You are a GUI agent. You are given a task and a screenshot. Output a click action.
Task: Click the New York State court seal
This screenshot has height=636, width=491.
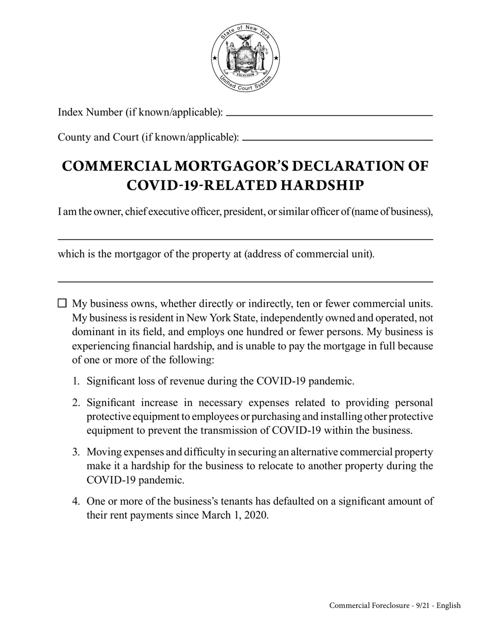pyautogui.click(x=245, y=58)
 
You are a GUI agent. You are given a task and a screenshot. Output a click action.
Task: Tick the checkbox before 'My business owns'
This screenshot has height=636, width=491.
pyautogui.click(x=62, y=303)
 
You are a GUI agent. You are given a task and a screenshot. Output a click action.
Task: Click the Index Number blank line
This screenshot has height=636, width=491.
pyautogui.click(x=329, y=114)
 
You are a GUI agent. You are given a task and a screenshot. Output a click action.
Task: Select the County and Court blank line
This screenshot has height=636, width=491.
pyautogui.click(x=337, y=140)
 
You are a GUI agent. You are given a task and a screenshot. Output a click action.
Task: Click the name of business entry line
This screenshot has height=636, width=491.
pyautogui.click(x=245, y=239)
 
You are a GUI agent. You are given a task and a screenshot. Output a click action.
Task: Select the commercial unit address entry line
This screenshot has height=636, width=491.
pyautogui.click(x=245, y=281)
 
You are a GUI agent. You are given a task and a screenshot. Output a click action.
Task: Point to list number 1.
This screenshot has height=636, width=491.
pyautogui.click(x=75, y=382)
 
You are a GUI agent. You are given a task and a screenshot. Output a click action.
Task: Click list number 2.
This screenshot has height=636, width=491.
pyautogui.click(x=75, y=403)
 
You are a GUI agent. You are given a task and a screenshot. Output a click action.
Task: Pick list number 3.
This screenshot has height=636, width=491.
pyautogui.click(x=75, y=452)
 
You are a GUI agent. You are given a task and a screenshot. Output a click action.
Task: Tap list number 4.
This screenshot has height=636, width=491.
pyautogui.click(x=75, y=502)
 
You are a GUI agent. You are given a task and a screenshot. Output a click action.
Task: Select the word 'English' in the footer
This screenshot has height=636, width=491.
pyautogui.click(x=448, y=605)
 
